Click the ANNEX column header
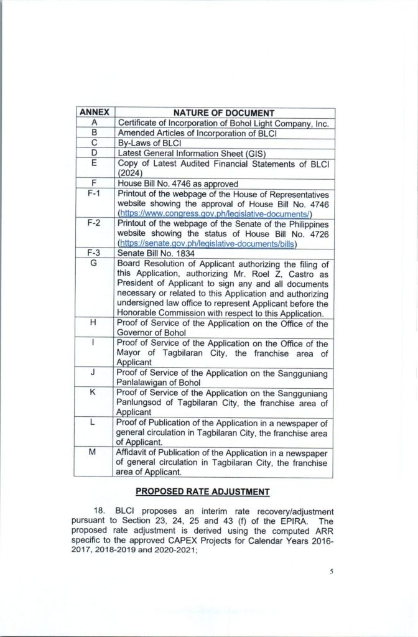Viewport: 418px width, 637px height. (x=93, y=113)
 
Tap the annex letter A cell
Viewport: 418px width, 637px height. (x=93, y=123)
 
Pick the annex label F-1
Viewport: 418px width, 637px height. (x=93, y=195)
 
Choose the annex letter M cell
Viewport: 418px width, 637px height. (x=93, y=452)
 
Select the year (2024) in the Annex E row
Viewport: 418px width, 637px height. (x=130, y=174)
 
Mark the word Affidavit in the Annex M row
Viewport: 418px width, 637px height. (x=134, y=452)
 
